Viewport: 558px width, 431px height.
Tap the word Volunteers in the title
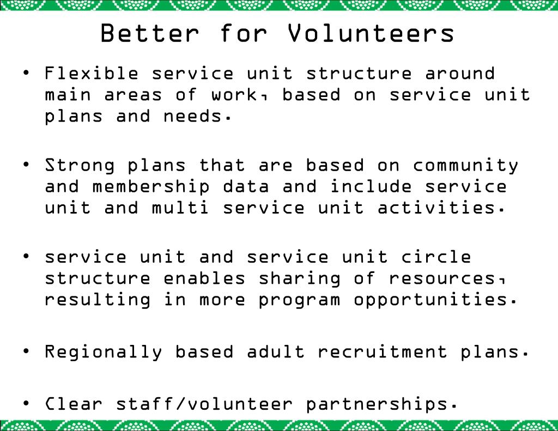click(371, 33)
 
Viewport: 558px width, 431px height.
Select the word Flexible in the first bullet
click(92, 73)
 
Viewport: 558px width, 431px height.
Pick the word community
click(465, 165)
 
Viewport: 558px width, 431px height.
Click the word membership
click(151, 186)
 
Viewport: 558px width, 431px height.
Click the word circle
click(436, 256)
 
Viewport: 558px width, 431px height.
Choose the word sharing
click(299, 278)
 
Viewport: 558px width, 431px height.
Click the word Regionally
click(104, 351)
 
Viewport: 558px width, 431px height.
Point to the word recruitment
click(383, 351)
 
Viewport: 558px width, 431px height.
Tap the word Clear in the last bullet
click(74, 404)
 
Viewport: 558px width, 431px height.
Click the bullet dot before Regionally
click(26, 351)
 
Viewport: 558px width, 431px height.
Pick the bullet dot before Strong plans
click(26, 165)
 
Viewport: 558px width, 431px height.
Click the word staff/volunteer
click(204, 404)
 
